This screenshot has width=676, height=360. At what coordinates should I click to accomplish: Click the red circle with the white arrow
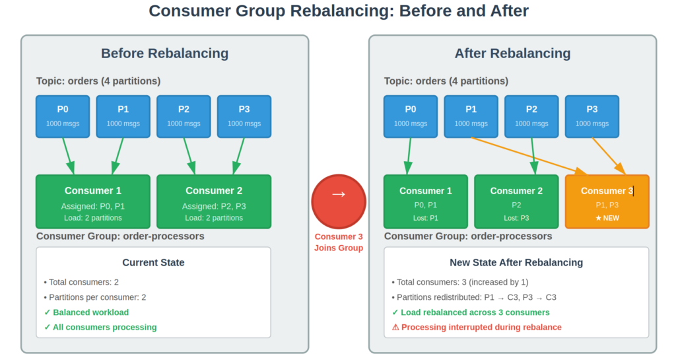tap(338, 194)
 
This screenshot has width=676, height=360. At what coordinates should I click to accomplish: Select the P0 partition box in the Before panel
tap(63, 116)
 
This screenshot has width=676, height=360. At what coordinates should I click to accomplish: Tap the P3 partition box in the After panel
tap(591, 116)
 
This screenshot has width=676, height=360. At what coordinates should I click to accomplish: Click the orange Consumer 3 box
tap(607, 201)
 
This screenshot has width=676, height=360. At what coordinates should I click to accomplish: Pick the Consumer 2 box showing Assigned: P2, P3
tap(214, 201)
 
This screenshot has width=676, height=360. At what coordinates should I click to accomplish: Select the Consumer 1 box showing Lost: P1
tap(425, 201)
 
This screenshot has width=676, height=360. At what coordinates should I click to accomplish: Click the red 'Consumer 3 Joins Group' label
tap(338, 242)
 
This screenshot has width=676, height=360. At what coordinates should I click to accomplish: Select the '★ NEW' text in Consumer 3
tap(607, 218)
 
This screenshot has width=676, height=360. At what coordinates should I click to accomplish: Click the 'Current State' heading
tap(153, 262)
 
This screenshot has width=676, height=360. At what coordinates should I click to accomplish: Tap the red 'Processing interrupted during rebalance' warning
tap(477, 327)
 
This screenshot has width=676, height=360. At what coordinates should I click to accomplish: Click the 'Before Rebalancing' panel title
tap(164, 54)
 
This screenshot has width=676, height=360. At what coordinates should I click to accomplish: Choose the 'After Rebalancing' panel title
tap(512, 54)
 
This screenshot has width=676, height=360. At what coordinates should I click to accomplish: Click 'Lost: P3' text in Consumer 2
tap(516, 218)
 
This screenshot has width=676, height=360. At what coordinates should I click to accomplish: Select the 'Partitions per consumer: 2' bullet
tap(95, 297)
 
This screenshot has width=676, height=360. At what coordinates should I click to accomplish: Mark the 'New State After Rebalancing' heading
tap(516, 262)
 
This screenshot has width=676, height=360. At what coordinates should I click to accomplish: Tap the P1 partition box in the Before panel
tap(123, 116)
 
